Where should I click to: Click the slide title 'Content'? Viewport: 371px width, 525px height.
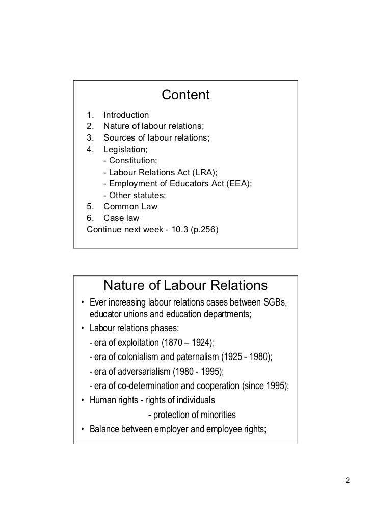(185, 95)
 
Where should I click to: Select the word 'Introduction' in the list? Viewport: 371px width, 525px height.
(126, 115)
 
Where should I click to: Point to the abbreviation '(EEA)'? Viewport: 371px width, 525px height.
(238, 184)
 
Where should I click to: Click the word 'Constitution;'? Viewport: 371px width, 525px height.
(134, 161)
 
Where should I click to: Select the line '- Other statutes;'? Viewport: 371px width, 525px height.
(135, 195)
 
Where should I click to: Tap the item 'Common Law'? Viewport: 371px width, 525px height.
(130, 207)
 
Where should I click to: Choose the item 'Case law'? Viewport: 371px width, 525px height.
(122, 218)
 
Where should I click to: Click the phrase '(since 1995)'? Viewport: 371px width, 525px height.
(264, 385)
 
